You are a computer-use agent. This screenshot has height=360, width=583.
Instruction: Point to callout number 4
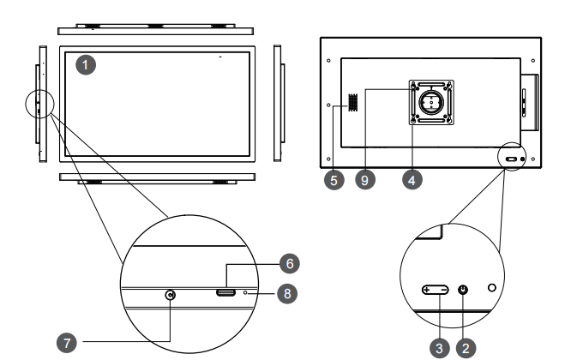[413, 181]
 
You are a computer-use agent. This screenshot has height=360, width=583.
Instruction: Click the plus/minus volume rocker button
[435, 290]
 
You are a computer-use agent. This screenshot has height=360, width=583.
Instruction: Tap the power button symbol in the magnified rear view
[464, 290]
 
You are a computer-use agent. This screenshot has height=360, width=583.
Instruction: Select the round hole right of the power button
[491, 286]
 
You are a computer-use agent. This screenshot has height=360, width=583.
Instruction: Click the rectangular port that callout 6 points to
[226, 294]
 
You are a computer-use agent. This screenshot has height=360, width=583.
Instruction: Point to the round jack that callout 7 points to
[171, 296]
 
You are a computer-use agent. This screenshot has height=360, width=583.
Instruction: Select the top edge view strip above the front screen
[154, 29]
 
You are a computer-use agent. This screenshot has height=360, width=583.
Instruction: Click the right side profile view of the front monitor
[278, 103]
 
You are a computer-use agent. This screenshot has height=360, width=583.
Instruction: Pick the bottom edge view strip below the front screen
[154, 177]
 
